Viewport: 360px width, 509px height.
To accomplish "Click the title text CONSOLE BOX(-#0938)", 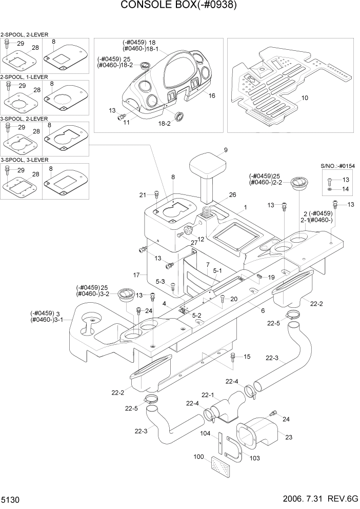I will [x=179, y=6].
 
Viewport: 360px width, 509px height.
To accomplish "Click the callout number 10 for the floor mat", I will [x=304, y=97].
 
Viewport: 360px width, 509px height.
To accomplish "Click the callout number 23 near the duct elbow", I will [x=288, y=438].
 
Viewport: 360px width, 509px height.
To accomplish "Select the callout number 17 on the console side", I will [x=137, y=276].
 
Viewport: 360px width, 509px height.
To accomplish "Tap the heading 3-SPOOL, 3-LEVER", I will [x=25, y=160].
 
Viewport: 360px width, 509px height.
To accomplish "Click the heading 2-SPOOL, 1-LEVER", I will [x=25, y=76].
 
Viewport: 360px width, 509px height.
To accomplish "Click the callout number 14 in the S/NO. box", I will [x=345, y=189].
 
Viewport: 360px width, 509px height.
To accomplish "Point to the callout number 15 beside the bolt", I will [x=247, y=357].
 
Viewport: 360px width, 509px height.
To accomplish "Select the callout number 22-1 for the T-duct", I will [x=207, y=395].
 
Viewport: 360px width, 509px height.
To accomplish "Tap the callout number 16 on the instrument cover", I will [x=212, y=96].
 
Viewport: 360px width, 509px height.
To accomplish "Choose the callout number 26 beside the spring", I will [x=233, y=195].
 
